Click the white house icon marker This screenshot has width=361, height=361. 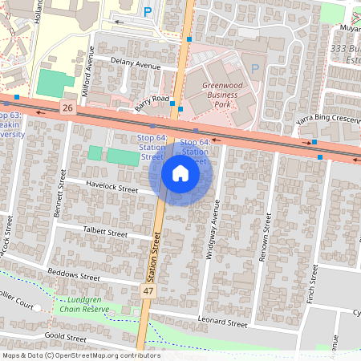coord(180,173)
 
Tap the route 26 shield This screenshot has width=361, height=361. coord(67,107)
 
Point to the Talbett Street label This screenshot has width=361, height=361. coord(105,232)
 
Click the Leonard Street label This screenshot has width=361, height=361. coord(223,323)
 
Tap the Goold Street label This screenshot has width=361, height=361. coord(66,337)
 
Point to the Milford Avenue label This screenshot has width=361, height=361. coord(91,69)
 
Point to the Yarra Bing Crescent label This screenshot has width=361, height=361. coord(327,119)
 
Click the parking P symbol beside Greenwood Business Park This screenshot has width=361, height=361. coord(255,69)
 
